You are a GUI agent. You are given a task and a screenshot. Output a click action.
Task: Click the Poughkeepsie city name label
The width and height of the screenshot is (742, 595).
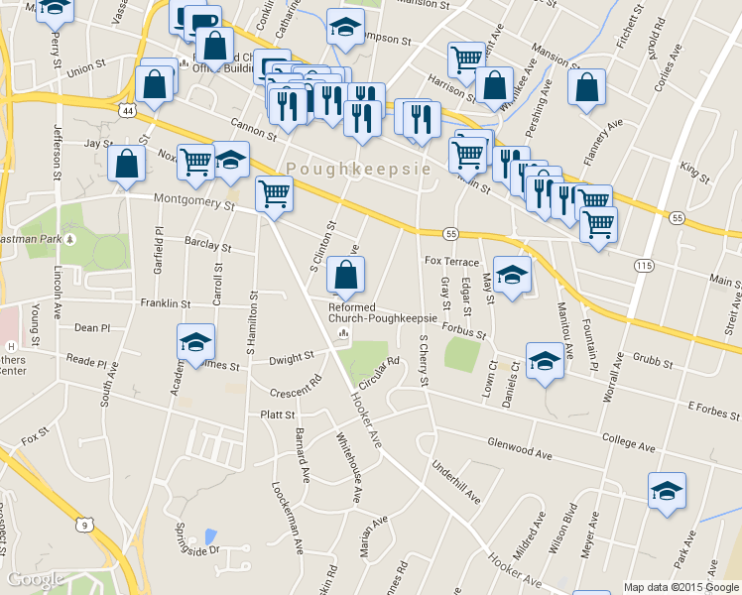[359, 170]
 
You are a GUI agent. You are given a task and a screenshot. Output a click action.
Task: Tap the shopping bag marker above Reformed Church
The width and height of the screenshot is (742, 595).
[345, 275]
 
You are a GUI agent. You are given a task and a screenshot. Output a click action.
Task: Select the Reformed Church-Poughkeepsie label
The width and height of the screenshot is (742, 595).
[382, 311]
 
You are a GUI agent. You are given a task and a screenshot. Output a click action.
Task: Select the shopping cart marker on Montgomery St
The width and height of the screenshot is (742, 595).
[274, 193]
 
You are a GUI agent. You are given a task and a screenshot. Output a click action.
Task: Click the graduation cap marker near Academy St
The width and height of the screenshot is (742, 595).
[195, 341]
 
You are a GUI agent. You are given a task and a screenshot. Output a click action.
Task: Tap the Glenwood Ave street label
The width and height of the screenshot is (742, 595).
[519, 446]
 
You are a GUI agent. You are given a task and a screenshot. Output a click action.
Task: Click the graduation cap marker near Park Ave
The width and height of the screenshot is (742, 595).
[667, 490]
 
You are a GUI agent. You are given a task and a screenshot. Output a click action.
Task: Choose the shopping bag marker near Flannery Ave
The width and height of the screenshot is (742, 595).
[587, 86]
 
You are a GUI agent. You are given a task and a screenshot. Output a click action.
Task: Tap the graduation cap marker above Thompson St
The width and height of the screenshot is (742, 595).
[345, 28]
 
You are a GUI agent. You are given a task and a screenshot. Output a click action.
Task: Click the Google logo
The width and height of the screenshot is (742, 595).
[36, 579]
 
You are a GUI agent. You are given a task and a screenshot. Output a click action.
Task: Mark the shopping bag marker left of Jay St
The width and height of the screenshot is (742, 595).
[127, 165]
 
